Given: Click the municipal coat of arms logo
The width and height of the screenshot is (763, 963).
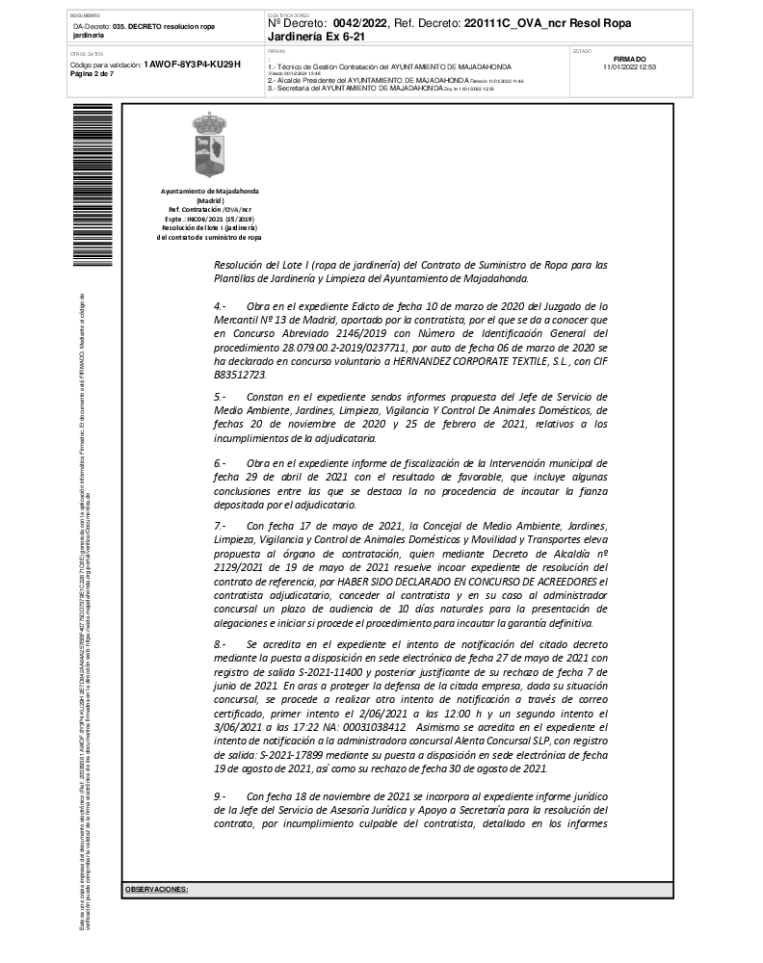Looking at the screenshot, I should (210, 141).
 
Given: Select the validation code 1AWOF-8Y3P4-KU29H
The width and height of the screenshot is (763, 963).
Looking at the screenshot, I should (192, 65).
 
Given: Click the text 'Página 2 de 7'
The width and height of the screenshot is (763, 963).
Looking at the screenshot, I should (92, 74).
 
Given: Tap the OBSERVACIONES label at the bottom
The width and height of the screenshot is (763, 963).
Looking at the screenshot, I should (156, 889).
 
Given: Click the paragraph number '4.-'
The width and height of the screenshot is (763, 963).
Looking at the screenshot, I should (220, 305).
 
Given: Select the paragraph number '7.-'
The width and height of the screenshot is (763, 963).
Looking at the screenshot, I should (220, 527).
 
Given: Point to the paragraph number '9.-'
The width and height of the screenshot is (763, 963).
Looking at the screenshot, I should (220, 797).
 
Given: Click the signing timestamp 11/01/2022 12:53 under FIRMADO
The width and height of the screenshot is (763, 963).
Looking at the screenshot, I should (629, 67).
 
